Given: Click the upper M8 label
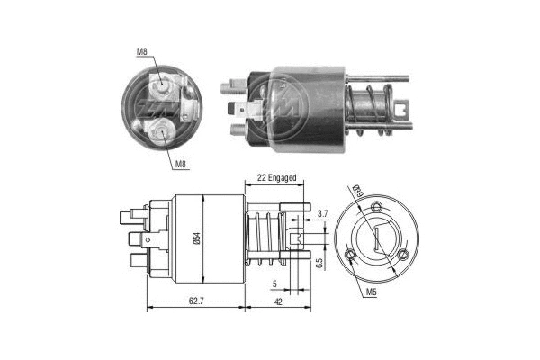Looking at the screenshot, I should click(x=142, y=52).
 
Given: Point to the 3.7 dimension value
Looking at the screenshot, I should click(x=322, y=213).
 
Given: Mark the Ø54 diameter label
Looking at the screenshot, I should click(x=208, y=238).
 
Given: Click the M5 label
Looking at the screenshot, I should click(x=373, y=292).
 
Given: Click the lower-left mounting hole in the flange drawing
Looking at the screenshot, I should click(x=350, y=259).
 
